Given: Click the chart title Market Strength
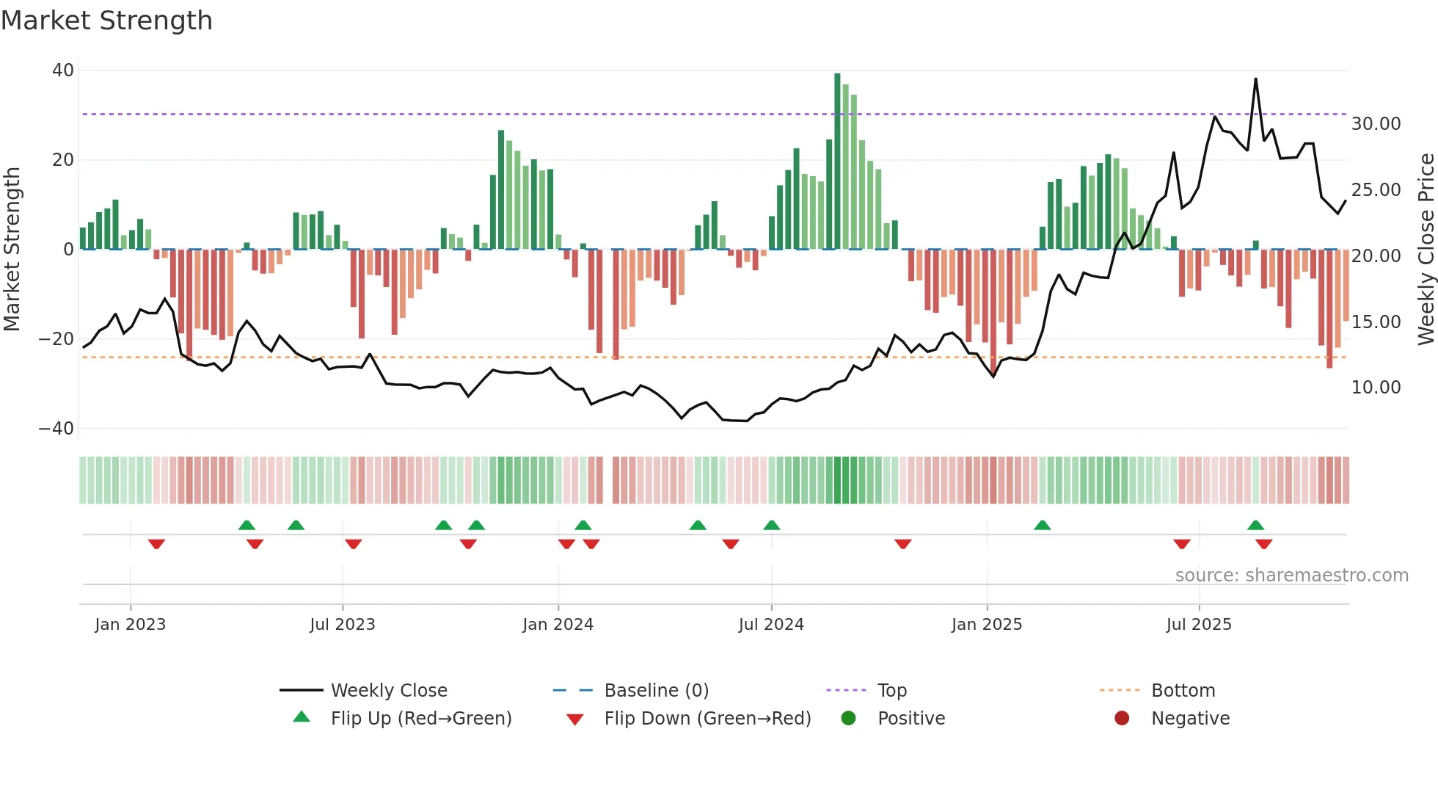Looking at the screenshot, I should (x=106, y=21).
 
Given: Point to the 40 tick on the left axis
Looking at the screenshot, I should (x=63, y=70).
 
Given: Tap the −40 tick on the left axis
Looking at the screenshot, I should (x=56, y=428).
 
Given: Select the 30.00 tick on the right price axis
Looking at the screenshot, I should (x=1376, y=124).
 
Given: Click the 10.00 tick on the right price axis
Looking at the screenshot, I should (x=1376, y=388).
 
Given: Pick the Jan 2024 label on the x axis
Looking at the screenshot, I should (x=558, y=625).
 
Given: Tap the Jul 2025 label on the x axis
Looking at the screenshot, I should (x=1199, y=625).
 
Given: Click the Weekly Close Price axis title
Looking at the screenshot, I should (x=1426, y=250).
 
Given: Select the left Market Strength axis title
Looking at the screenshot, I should (x=12, y=250).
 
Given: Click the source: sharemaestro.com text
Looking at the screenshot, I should (x=1291, y=576).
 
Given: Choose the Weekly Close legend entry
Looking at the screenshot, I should (x=388, y=691).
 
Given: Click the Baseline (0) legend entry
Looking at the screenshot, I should (x=656, y=691).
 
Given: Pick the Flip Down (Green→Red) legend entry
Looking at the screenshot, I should (x=707, y=719).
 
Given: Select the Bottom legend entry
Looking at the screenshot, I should (x=1183, y=691).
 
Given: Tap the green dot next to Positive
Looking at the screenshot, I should (x=848, y=719).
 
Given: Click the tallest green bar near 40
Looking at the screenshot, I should (x=837, y=162).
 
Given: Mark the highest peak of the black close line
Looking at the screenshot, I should (x=1255, y=79).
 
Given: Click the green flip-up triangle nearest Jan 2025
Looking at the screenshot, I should (x=1042, y=525).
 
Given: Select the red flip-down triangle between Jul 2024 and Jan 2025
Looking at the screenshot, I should (x=902, y=544).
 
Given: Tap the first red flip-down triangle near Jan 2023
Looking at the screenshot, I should (x=156, y=544).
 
